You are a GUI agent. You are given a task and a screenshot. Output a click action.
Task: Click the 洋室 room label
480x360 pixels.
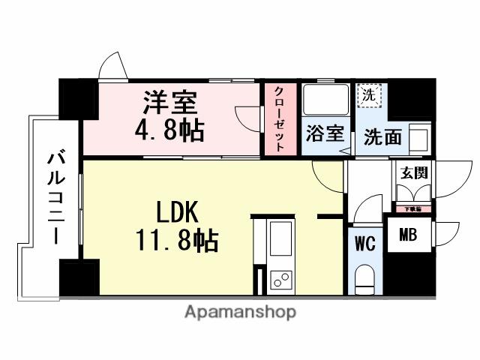[169, 100]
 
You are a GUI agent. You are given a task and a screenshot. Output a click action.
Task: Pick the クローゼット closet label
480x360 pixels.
[280, 120]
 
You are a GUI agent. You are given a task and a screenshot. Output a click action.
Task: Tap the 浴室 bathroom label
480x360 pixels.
[326, 136]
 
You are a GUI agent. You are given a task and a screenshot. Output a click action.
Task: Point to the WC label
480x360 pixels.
[365, 243]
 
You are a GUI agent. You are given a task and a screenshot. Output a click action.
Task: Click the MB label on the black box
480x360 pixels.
[408, 236]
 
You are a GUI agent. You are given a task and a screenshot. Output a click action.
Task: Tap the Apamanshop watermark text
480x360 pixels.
[240, 311]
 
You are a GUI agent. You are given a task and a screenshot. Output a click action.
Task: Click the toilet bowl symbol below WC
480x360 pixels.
[365, 278]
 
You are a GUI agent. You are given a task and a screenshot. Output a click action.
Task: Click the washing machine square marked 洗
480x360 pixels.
[368, 96]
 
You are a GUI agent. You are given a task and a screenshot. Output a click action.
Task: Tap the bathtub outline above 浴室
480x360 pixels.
[325, 100]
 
